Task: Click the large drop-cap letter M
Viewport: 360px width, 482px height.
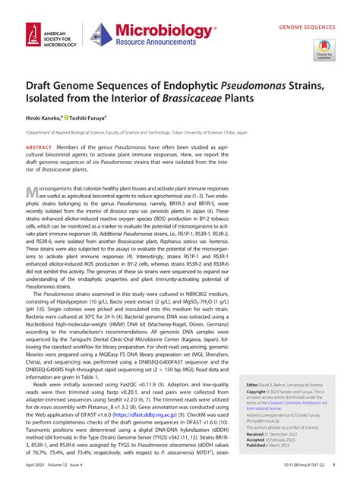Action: (x=33, y=193)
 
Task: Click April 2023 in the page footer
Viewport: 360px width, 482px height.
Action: (x=39, y=471)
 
